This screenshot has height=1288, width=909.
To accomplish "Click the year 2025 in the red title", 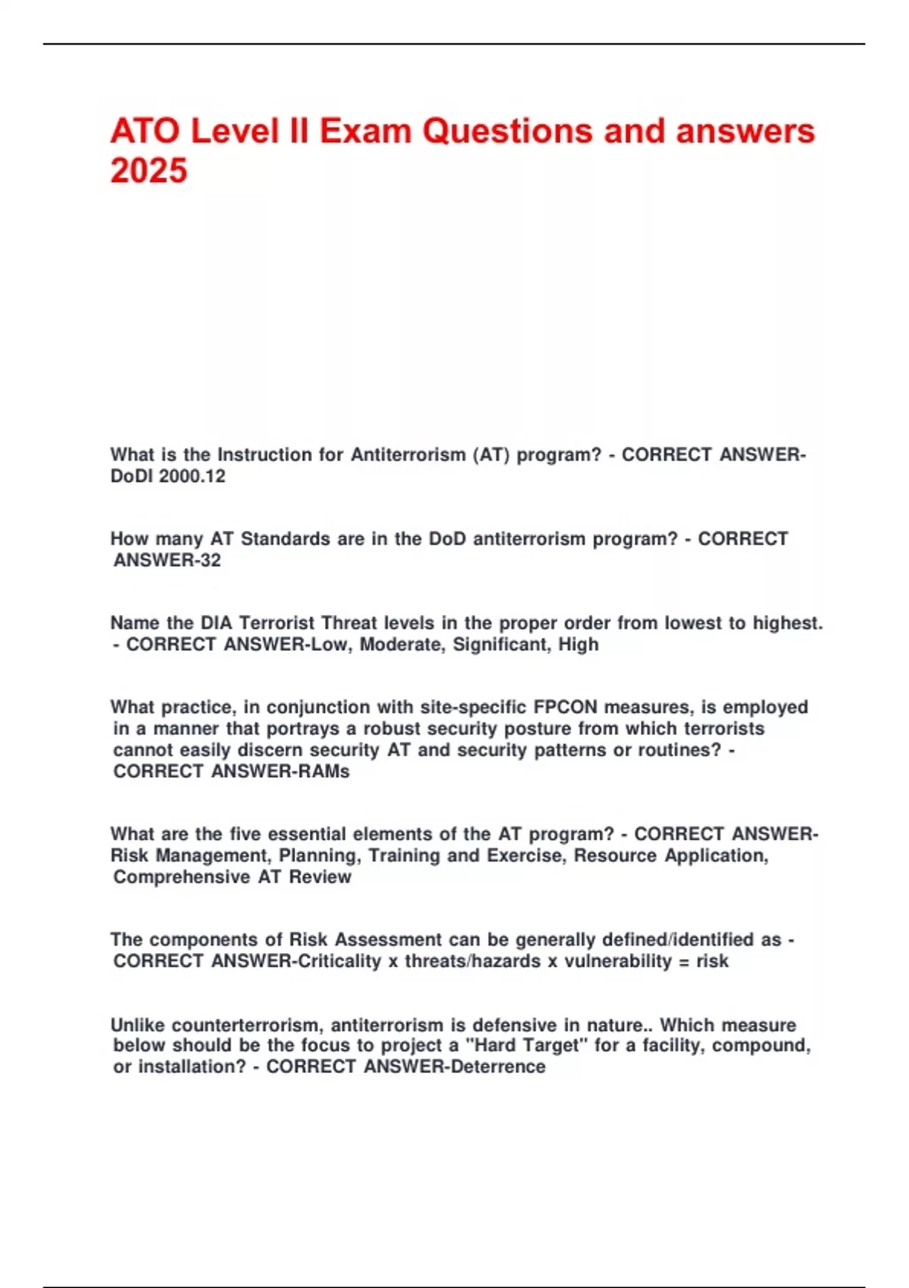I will (148, 170).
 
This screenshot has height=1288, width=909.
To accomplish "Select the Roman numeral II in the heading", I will (298, 131).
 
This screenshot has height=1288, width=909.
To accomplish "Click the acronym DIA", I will (217, 623).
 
